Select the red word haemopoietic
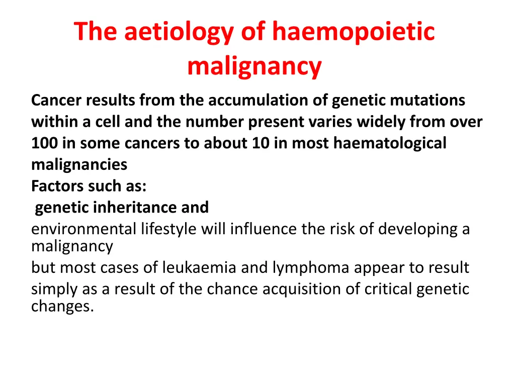pos(353,32)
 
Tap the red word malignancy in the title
pos(254,66)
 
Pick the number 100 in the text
pos(45,143)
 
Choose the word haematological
pos(390,143)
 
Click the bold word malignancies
pos(79,164)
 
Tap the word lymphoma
pos(311,267)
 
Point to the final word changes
pos(62,306)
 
